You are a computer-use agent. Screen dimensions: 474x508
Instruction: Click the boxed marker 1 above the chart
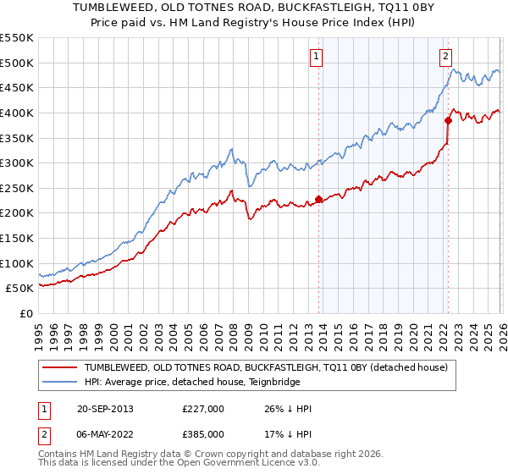coord(316,58)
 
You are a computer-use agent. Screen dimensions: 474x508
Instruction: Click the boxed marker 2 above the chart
coord(445,58)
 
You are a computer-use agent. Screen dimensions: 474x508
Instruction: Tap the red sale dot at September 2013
coord(318,200)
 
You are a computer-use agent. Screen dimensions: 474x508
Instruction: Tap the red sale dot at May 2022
coord(448,120)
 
